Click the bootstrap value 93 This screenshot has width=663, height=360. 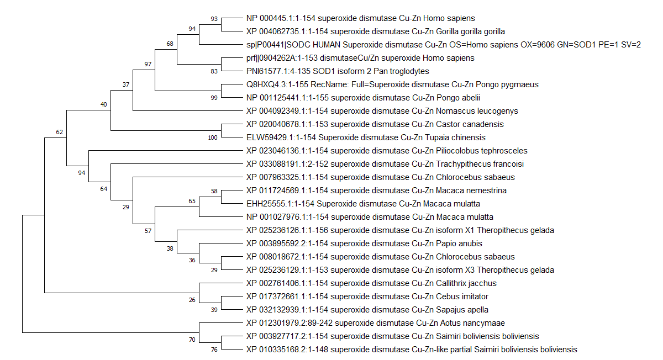pyautogui.click(x=214, y=19)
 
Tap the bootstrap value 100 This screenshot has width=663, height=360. pyautogui.click(x=213, y=138)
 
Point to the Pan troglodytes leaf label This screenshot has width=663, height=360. pyautogui.click(x=338, y=71)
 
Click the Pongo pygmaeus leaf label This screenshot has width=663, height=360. pyautogui.click(x=392, y=84)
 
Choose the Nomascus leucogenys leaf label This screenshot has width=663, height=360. pyautogui.click(x=382, y=111)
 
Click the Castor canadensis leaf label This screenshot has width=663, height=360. pyautogui.click(x=375, y=124)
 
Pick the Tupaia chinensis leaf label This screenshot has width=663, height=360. pyautogui.click(x=366, y=137)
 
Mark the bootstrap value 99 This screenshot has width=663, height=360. pyautogui.click(x=214, y=98)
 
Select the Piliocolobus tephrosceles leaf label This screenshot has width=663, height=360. pyautogui.click(x=386, y=151)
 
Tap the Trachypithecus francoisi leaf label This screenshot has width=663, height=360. pyautogui.click(x=385, y=164)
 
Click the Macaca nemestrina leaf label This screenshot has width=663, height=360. pyautogui.click(x=376, y=190)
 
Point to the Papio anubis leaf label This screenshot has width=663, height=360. pyautogui.click(x=364, y=243)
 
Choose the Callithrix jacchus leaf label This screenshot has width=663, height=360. pyautogui.click(x=371, y=283)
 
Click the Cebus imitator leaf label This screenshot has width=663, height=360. pyautogui.click(x=367, y=297)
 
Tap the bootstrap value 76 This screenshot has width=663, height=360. pyautogui.click(x=214, y=350)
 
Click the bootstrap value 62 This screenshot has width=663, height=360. pyautogui.click(x=59, y=133)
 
